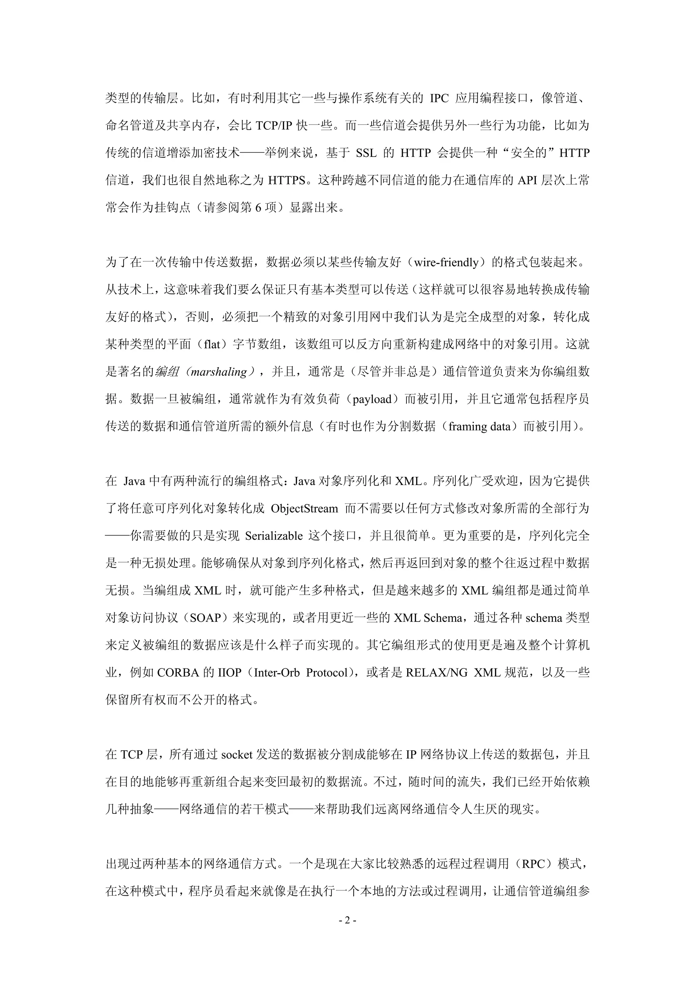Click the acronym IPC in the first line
439,99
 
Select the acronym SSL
366,153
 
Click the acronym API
528,180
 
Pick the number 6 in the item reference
258,208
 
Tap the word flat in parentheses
212,344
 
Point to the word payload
372,399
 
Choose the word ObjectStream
304,509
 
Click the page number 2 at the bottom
347,920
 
